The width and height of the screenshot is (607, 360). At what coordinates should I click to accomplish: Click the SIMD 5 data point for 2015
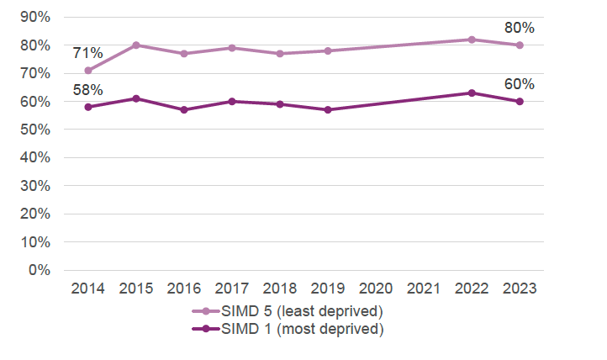click(135, 45)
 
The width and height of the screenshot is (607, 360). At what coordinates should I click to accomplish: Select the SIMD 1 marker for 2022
click(472, 93)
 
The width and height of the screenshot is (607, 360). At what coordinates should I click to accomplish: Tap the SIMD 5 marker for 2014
click(87, 71)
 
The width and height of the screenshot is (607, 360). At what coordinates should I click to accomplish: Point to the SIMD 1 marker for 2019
click(328, 109)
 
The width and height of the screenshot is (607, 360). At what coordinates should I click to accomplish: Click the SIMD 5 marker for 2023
click(520, 45)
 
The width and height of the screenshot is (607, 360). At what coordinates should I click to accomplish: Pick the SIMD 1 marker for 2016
click(183, 109)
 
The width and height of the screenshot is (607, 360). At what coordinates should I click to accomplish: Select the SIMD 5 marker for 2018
click(280, 54)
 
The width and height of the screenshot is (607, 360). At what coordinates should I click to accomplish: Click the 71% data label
click(87, 53)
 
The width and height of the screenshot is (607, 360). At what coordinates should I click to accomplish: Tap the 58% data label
click(87, 89)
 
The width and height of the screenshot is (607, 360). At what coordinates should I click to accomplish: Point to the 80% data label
click(520, 28)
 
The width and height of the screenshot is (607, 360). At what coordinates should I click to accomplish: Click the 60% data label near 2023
click(520, 83)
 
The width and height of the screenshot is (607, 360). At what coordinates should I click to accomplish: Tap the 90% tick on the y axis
click(39, 17)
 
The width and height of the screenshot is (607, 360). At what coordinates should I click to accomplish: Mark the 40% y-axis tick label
click(39, 157)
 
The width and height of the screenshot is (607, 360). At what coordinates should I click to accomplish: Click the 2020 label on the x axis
click(376, 289)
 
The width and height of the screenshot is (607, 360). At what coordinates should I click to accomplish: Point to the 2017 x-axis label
click(231, 289)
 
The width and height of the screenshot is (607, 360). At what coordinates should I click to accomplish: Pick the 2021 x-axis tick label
click(424, 289)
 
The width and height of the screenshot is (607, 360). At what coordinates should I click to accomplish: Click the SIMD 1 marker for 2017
click(231, 101)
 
